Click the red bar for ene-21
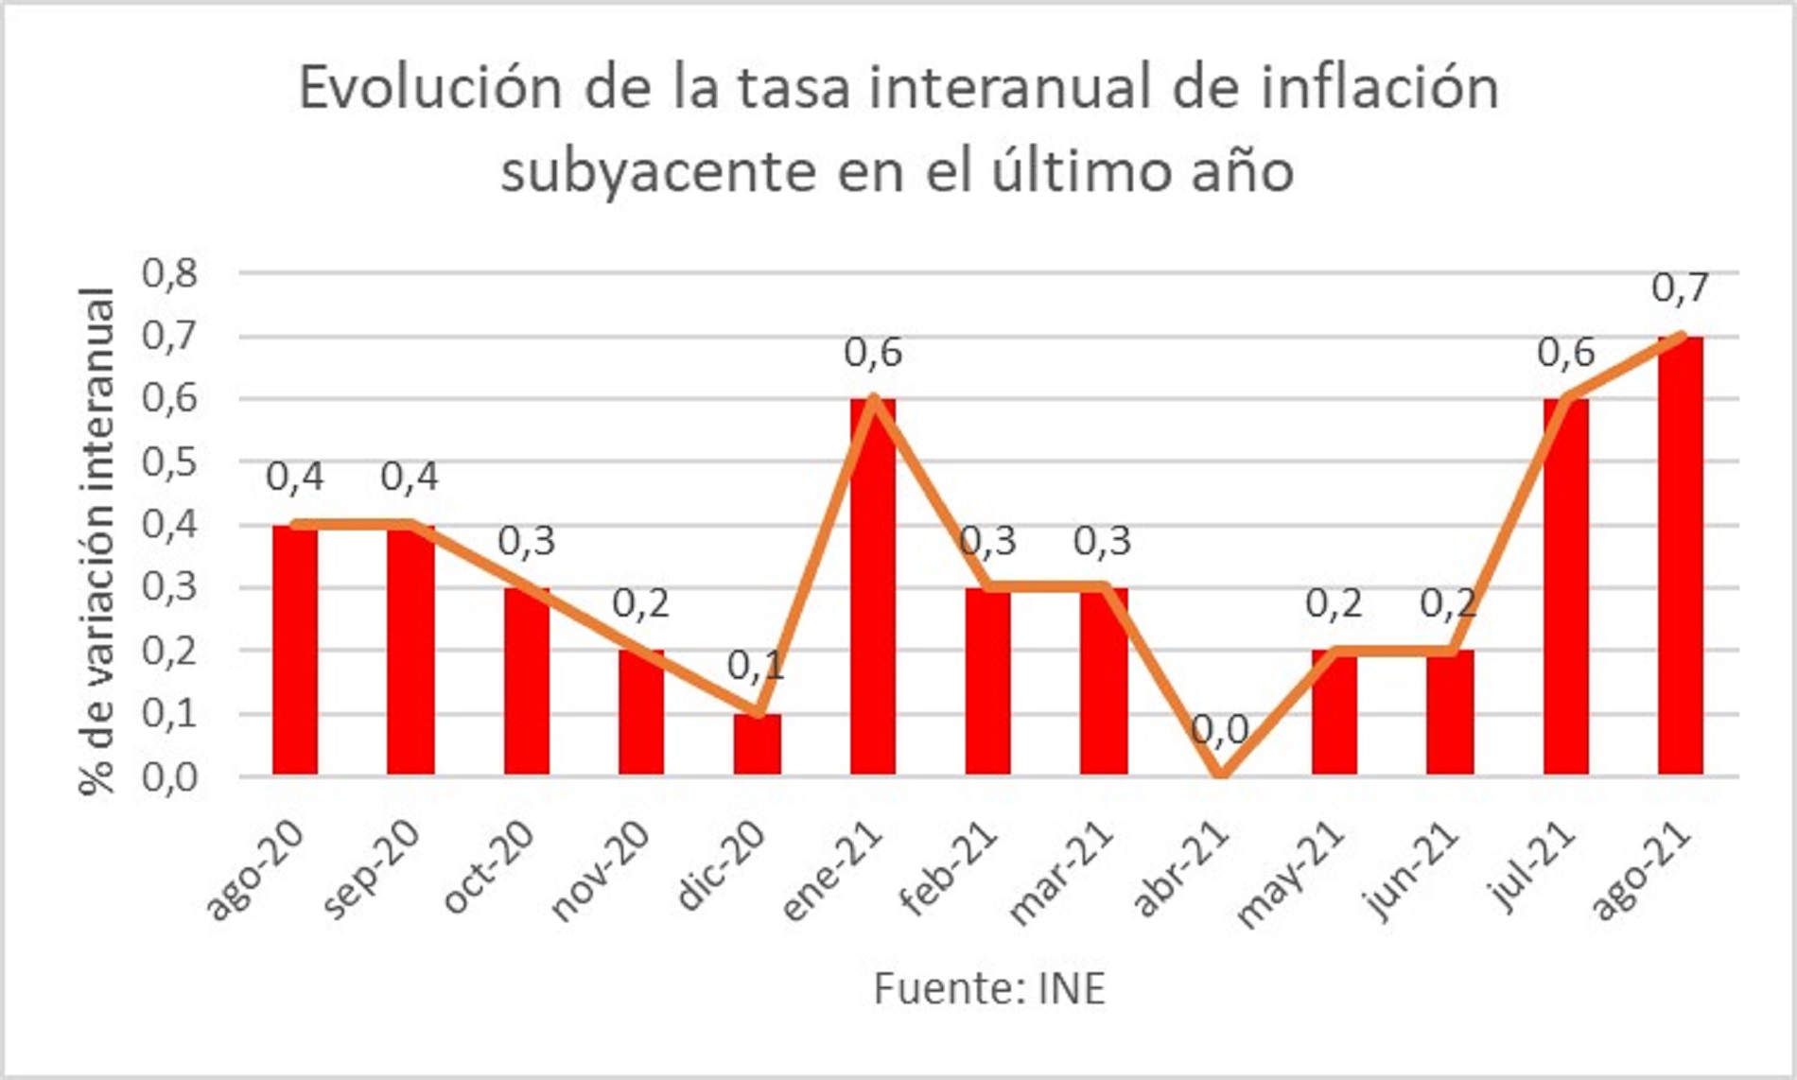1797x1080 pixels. [x=872, y=586]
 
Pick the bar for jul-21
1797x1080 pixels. [x=1565, y=586]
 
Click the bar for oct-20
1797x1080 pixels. [x=526, y=681]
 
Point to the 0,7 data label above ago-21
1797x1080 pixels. [x=1680, y=288]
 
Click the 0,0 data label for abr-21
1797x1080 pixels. [x=1219, y=729]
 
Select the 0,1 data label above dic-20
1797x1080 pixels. [x=756, y=667]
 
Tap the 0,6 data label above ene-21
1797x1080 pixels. [x=872, y=353]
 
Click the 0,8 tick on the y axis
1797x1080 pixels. [x=170, y=273]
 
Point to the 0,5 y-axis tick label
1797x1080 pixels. [x=170, y=462]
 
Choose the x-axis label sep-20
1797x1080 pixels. [x=372, y=869]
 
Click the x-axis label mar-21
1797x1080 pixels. [x=1061, y=874]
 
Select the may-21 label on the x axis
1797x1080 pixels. [x=1291, y=874]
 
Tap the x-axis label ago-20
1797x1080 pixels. [x=255, y=869]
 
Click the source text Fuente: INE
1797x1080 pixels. [x=989, y=989]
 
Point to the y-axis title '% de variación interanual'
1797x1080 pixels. [x=97, y=541]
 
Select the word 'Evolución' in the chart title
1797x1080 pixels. [x=430, y=88]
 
